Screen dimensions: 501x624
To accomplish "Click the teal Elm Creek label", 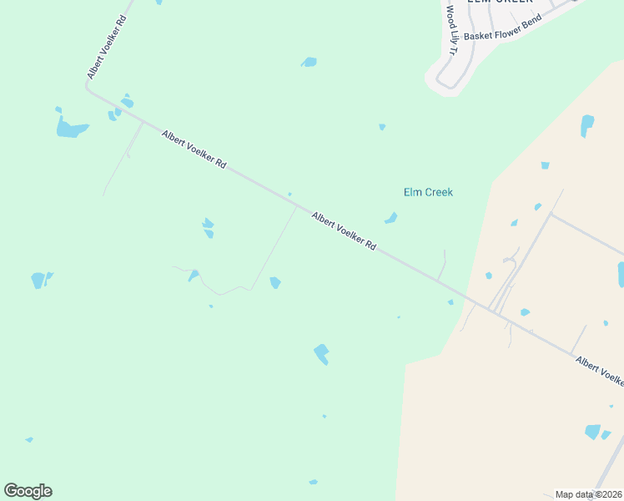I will click(428, 192).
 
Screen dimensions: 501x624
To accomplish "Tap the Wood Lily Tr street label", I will click(450, 31).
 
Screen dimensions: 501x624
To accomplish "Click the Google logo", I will click(28, 491).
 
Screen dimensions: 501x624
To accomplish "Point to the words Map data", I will click(574, 494).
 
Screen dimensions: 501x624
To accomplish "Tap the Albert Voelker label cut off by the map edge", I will click(599, 370).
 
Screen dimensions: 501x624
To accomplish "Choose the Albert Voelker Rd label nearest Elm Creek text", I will click(344, 231).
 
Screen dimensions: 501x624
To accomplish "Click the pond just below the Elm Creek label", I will click(390, 219).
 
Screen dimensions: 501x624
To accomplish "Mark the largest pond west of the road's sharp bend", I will click(70, 129).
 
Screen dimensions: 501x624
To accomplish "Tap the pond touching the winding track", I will click(194, 275).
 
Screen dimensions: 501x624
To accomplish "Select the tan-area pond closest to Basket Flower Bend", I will click(587, 125).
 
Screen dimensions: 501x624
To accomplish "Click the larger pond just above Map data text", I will click(593, 432).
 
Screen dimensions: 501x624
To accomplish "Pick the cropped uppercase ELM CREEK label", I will click(499, 2).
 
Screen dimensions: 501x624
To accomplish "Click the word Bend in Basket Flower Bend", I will click(529, 19).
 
